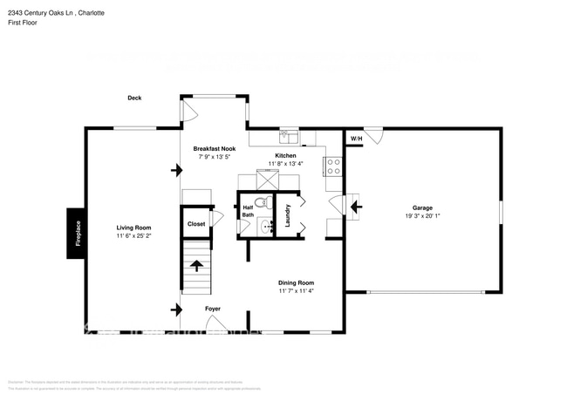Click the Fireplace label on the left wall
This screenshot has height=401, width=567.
(78, 234)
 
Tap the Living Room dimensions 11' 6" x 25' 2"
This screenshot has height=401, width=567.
(133, 235)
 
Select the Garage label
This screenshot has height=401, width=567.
(422, 207)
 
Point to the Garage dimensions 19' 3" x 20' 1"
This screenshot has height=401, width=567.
(422, 216)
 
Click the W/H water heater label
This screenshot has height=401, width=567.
(356, 139)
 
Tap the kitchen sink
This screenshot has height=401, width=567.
(288, 137)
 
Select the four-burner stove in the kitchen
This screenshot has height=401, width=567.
(333, 166)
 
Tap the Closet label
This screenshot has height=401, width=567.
(196, 224)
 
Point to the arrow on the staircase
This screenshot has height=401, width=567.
(196, 266)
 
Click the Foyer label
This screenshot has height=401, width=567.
(213, 309)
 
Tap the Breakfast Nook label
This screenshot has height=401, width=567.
(215, 149)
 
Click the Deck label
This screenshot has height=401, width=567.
(134, 98)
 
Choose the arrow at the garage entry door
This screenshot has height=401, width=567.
(356, 207)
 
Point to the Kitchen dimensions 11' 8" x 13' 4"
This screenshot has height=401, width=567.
(285, 163)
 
